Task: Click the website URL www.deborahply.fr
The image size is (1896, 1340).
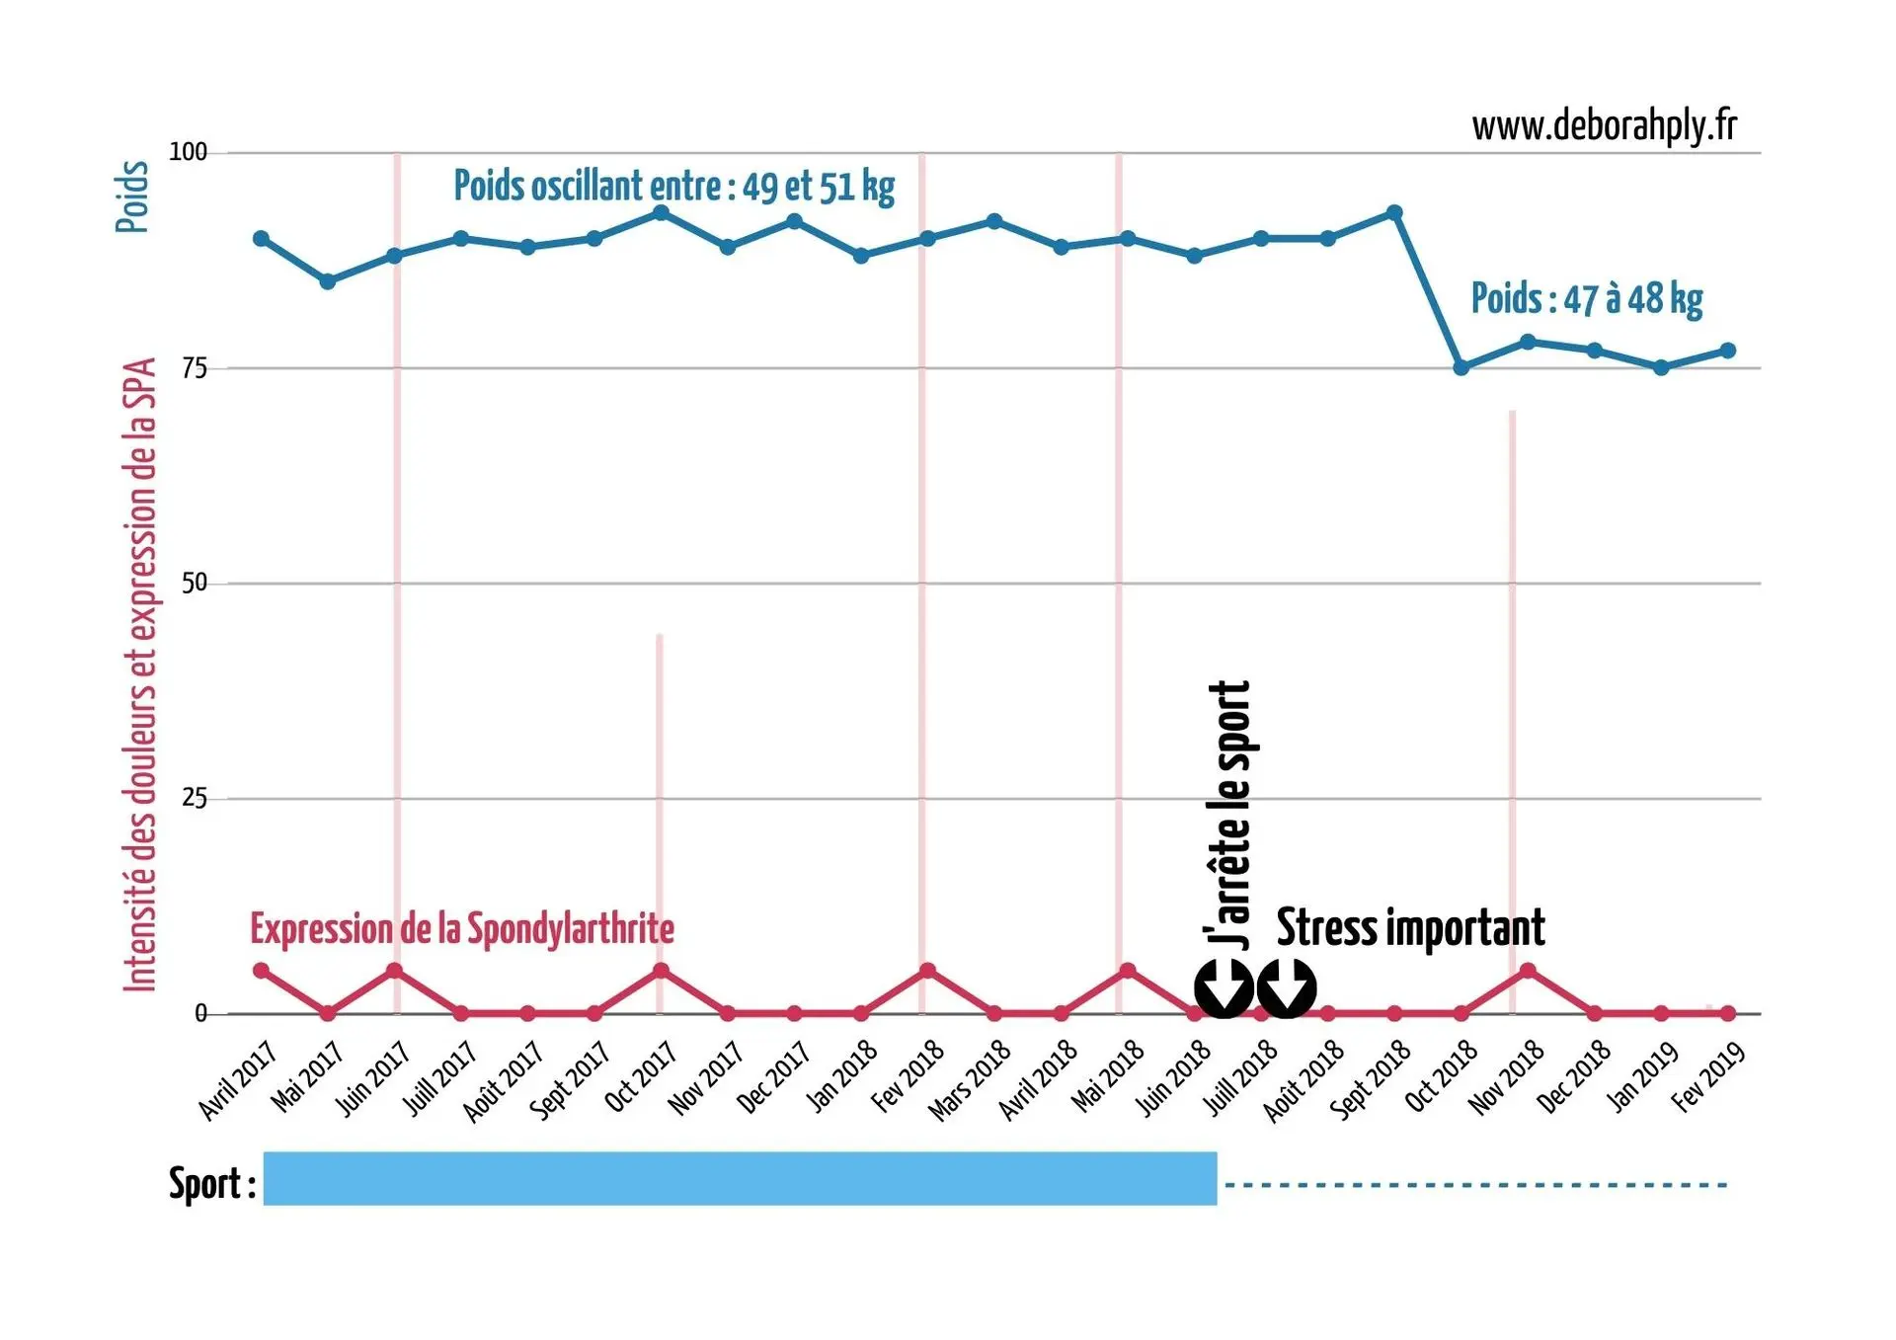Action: click(1603, 126)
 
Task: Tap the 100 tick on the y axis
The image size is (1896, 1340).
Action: click(188, 152)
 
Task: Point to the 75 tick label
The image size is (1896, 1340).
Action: click(194, 368)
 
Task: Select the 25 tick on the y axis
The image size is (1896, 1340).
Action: click(194, 798)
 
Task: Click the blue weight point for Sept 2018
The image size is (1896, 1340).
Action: click(1394, 213)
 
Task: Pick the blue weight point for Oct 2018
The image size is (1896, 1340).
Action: click(1461, 367)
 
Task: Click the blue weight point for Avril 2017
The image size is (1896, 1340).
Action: click(261, 239)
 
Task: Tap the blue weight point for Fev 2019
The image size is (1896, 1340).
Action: click(1728, 351)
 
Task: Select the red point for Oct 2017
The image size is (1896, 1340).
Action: click(661, 971)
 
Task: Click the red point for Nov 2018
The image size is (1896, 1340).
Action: click(1528, 971)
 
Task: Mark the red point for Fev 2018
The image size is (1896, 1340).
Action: click(927, 971)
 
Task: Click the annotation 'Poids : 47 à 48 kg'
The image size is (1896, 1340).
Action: click(1586, 298)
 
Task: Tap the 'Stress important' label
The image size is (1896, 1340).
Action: click(1410, 928)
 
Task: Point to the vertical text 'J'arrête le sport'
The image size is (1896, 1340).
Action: click(1229, 815)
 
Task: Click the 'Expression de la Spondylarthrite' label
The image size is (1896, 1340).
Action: click(462, 929)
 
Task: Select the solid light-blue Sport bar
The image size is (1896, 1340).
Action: click(740, 1178)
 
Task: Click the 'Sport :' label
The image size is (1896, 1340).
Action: click(211, 1183)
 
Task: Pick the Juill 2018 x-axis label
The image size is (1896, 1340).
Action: click(1241, 1078)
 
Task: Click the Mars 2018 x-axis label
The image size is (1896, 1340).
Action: click(971, 1080)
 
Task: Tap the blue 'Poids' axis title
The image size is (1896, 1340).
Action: click(132, 197)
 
